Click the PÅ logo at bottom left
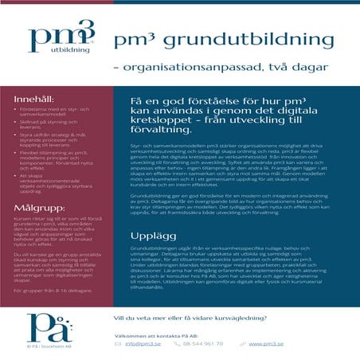pos(48,327)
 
